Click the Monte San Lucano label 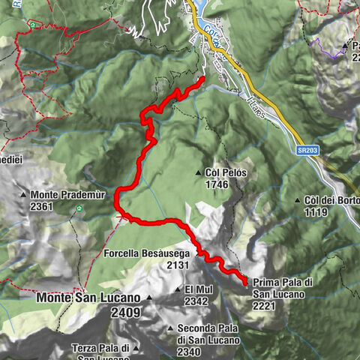coord(88,297)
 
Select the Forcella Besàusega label coord(148,253)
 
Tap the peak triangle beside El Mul coord(178,289)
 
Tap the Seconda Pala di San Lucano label coord(207,333)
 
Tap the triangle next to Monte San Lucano coord(148,298)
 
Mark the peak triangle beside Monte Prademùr coord(25,194)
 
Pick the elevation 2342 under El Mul coord(197,301)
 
